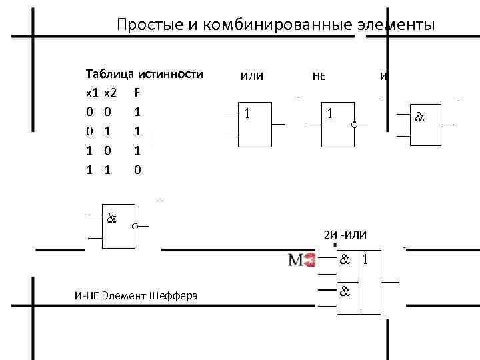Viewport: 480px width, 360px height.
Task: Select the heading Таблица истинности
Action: pyautogui.click(x=144, y=73)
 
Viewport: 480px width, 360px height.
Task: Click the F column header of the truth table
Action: pyautogui.click(x=137, y=92)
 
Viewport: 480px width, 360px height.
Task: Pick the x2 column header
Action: pyautogui.click(x=111, y=92)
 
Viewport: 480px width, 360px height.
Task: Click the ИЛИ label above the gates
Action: pyautogui.click(x=252, y=76)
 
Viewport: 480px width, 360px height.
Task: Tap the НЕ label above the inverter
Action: pyautogui.click(x=319, y=76)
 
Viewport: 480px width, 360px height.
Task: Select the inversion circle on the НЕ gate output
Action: pyautogui.click(x=355, y=125)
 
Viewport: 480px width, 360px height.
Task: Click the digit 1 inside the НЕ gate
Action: pyautogui.click(x=329, y=113)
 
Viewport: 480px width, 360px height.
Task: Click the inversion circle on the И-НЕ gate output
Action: pyautogui.click(x=135, y=227)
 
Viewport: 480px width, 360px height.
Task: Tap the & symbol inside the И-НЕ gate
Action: pyautogui.click(x=111, y=217)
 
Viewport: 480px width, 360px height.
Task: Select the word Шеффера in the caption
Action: pyautogui.click(x=173, y=295)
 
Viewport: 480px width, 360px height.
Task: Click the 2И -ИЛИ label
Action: pyautogui.click(x=350, y=235)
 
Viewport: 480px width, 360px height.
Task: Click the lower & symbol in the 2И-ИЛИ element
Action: pyautogui.click(x=345, y=291)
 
